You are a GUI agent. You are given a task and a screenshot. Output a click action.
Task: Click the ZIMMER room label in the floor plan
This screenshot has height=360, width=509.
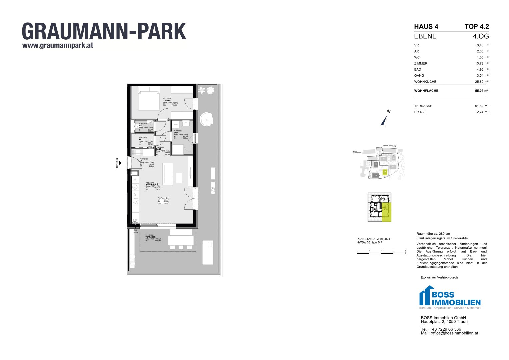(x=167, y=101)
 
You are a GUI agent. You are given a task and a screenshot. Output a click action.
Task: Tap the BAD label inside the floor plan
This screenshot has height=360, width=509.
(x=176, y=133)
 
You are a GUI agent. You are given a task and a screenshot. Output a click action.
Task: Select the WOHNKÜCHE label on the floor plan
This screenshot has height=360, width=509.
(x=152, y=184)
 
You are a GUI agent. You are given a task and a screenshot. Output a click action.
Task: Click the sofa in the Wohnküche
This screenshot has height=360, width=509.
(x=168, y=174)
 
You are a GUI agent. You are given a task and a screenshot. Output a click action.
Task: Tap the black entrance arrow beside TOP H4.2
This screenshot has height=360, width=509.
(x=120, y=163)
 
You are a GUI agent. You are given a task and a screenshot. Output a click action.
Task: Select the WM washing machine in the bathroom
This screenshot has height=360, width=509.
(x=176, y=125)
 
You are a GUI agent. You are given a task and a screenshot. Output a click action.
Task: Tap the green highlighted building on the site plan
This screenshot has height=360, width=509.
(x=385, y=172)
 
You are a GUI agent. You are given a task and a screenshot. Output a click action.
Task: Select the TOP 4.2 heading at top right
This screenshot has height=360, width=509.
(x=477, y=27)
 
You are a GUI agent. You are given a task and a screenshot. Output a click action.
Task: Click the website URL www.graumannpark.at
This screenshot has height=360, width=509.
(x=58, y=46)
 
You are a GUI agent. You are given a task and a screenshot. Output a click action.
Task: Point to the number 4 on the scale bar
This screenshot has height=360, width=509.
(x=406, y=250)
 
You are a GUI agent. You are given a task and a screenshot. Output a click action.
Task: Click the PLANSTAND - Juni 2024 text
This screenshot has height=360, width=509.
(x=373, y=239)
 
